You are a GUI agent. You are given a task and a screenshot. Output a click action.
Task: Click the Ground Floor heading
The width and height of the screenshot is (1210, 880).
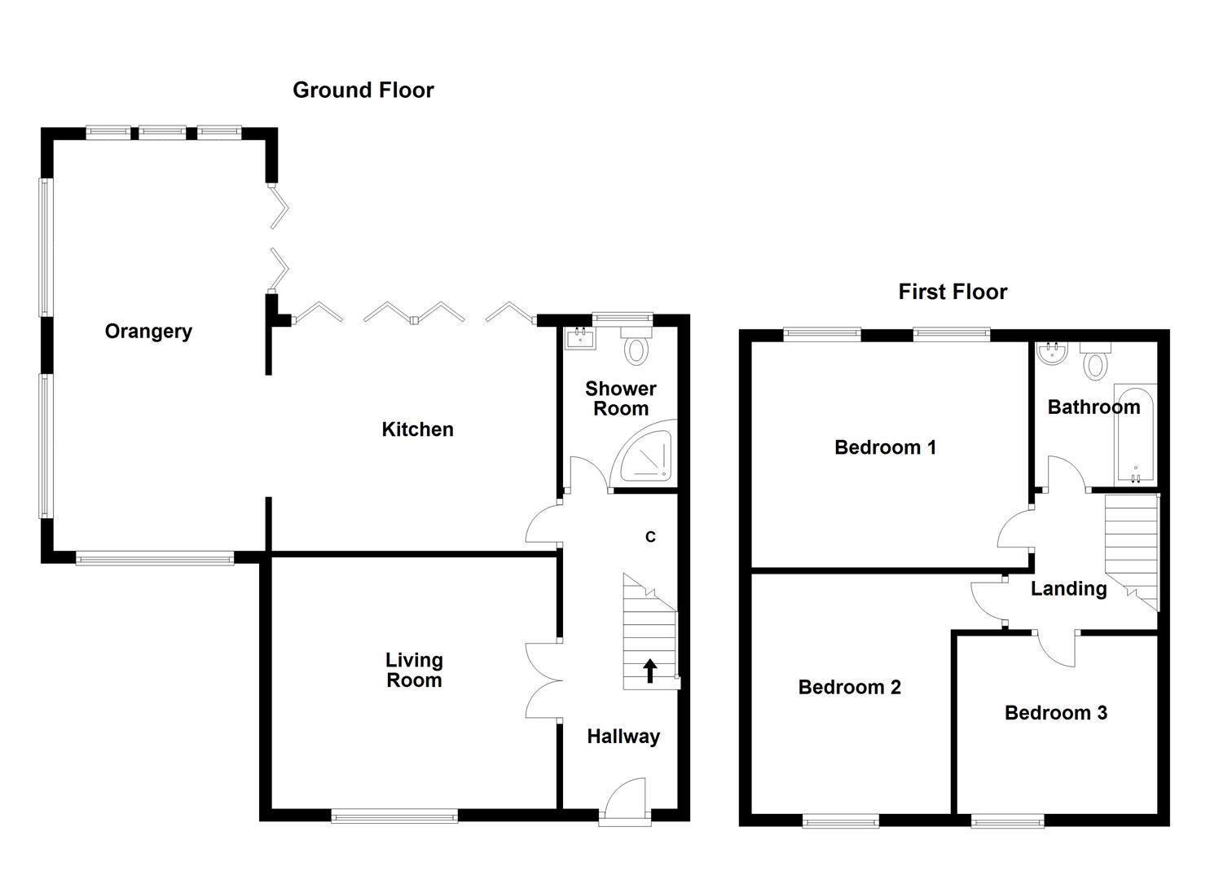coord(363,90)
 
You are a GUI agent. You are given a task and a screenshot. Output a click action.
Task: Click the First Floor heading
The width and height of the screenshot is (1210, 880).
coord(952,292)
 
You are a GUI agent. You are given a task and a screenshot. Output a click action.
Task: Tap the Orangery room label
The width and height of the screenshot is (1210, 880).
coord(148,331)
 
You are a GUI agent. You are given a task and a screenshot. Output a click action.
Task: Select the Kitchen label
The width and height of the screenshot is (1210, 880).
coord(417,429)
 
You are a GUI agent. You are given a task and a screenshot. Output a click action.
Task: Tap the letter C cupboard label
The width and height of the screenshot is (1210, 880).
coord(650,537)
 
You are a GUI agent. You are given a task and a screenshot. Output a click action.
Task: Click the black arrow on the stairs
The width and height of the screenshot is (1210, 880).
coord(650,670)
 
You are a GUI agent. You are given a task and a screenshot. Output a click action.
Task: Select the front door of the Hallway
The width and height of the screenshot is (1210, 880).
coord(625,803)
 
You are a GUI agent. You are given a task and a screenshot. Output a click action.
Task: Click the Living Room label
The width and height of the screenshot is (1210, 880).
coord(414,670)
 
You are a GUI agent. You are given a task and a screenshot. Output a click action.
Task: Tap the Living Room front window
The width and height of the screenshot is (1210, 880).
coord(394,815)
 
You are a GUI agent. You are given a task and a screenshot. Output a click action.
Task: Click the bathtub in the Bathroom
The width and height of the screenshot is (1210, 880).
coord(1136,436)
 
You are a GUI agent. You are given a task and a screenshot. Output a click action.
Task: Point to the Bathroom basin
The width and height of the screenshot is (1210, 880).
coord(1051,353)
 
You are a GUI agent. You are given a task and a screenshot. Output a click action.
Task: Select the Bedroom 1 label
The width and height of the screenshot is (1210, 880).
coord(885,447)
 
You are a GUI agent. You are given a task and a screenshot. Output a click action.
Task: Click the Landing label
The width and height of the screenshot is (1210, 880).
coord(1068,588)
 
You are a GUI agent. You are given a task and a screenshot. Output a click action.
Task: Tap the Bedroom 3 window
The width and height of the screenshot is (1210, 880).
coord(1007,821)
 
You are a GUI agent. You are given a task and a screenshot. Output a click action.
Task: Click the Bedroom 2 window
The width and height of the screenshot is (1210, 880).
coord(840,821)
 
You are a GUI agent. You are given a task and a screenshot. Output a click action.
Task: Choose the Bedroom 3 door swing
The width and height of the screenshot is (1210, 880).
coord(1057,649)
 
